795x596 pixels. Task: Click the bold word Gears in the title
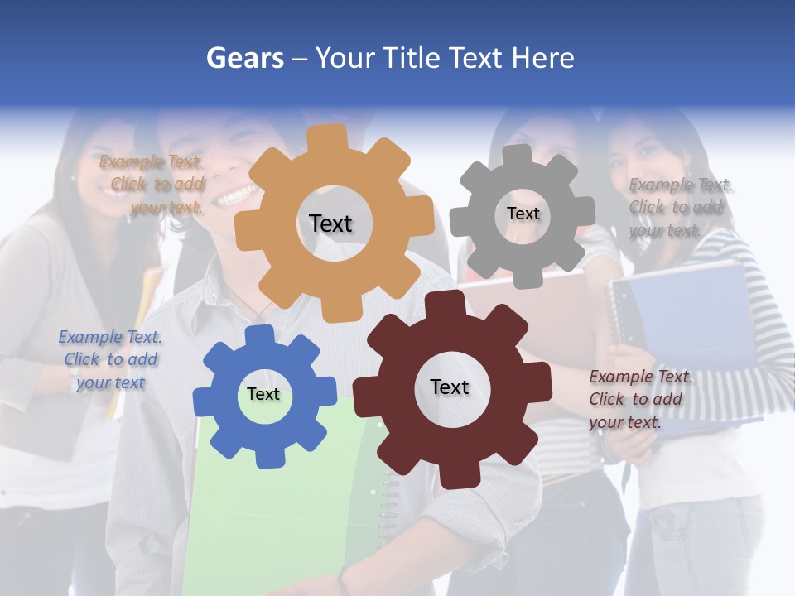pos(244,58)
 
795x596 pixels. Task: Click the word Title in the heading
pos(412,58)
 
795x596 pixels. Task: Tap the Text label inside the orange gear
pos(330,223)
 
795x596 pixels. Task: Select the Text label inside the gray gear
pos(523,214)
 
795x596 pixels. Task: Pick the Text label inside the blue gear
pos(263,394)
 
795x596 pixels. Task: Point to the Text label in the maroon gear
pos(450,387)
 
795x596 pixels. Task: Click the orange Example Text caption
pos(152,185)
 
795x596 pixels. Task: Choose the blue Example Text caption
pos(110,359)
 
